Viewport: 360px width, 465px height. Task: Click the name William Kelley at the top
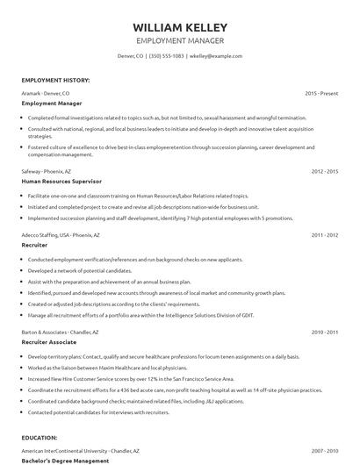click(179, 26)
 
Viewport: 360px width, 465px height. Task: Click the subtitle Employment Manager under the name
click(179, 40)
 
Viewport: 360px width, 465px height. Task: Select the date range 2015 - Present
click(321, 92)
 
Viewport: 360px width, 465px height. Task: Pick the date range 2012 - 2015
click(324, 171)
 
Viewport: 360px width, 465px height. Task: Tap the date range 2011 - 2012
click(324, 235)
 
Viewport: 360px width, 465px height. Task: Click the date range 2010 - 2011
click(324, 333)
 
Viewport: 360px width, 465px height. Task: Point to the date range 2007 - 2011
click(324, 449)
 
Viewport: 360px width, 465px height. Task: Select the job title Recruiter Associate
click(50, 342)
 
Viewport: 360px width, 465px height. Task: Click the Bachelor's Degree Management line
click(64, 459)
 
